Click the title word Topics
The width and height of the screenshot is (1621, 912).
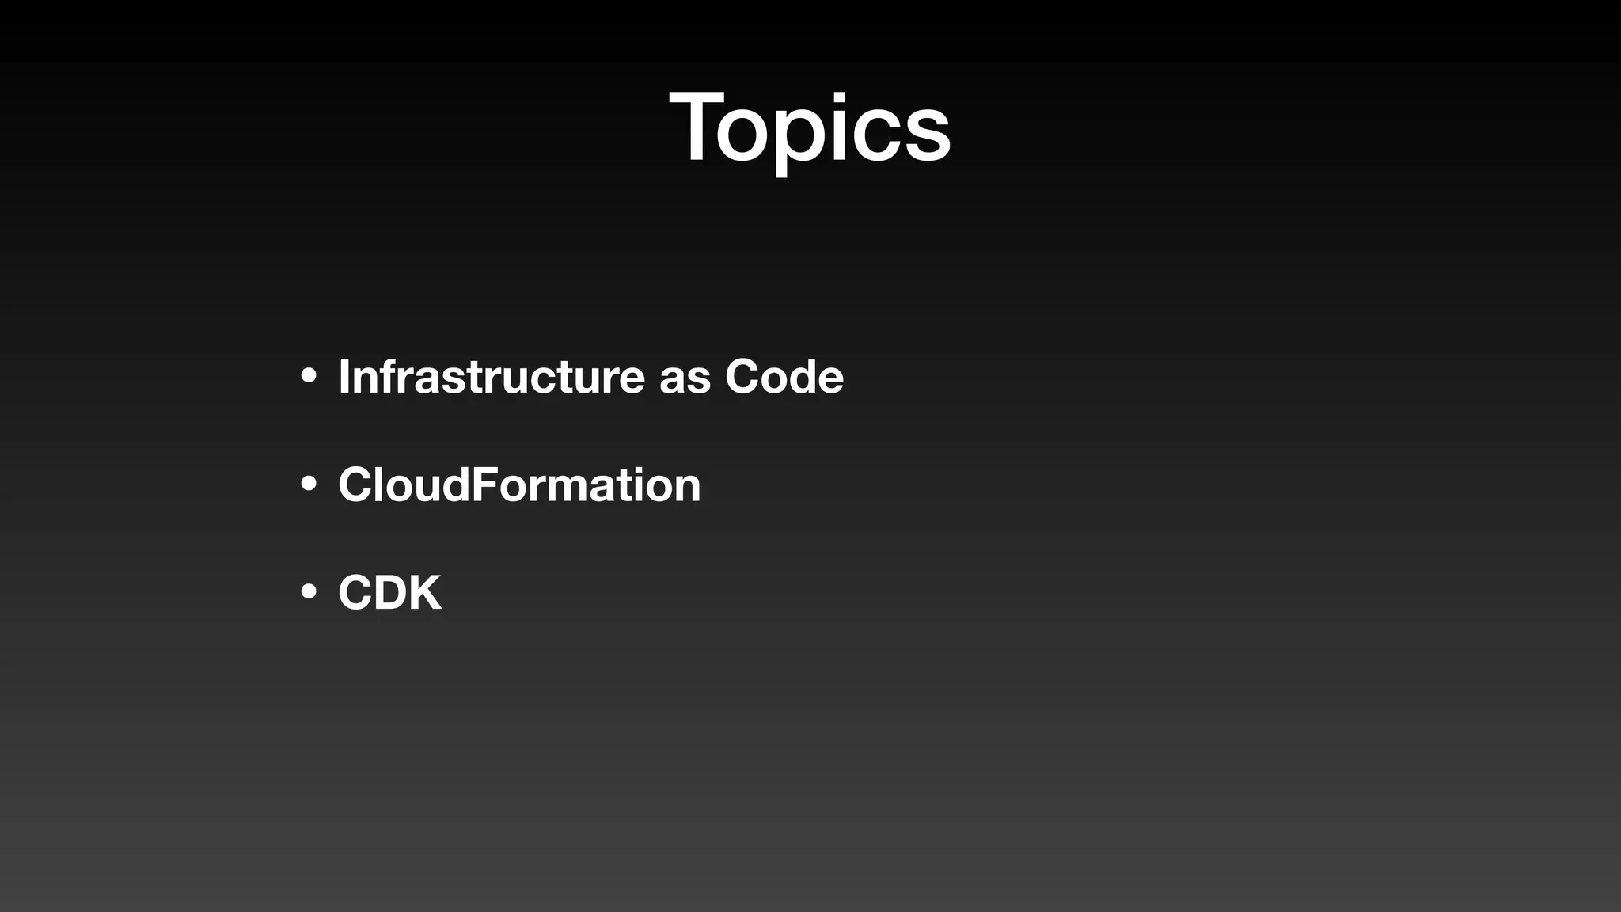pos(810,128)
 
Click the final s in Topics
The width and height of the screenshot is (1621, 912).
pos(927,135)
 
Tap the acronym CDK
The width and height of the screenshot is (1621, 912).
pos(389,592)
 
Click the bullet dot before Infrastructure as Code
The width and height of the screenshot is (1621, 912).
pos(309,376)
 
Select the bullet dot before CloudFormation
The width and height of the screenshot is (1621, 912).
pos(309,484)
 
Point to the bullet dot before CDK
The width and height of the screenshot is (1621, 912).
pos(309,591)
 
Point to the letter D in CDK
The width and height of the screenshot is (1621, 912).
pos(390,592)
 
